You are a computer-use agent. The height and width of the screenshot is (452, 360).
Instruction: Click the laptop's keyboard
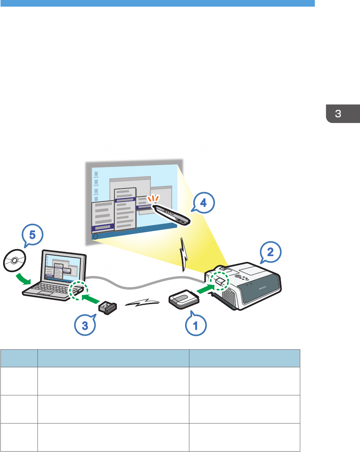point(49,289)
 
